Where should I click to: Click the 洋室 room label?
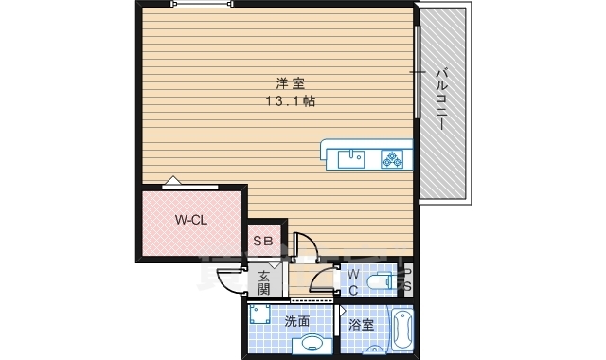291,83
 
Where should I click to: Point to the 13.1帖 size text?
291,100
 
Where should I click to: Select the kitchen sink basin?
350,157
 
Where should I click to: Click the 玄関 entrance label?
264,282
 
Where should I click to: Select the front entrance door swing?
230,281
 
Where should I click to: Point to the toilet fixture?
381,281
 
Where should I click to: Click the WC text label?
351,282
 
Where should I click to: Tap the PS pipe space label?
407,281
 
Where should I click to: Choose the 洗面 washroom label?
296,322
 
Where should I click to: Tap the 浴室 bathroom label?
361,324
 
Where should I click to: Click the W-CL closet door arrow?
171,182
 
